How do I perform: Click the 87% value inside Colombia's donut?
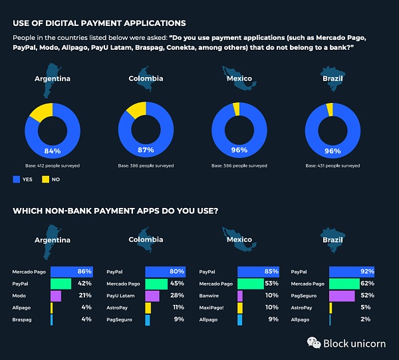[146, 149]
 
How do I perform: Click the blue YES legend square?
[17, 179]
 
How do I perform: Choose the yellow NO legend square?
[46, 179]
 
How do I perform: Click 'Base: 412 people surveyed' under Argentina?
[53, 165]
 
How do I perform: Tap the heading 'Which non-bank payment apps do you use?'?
[116, 212]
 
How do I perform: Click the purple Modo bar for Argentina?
[56, 296]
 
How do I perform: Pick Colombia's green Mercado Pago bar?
[156, 284]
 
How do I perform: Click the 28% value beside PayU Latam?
[178, 296]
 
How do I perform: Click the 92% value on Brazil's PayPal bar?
[366, 272]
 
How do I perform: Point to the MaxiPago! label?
[212, 308]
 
